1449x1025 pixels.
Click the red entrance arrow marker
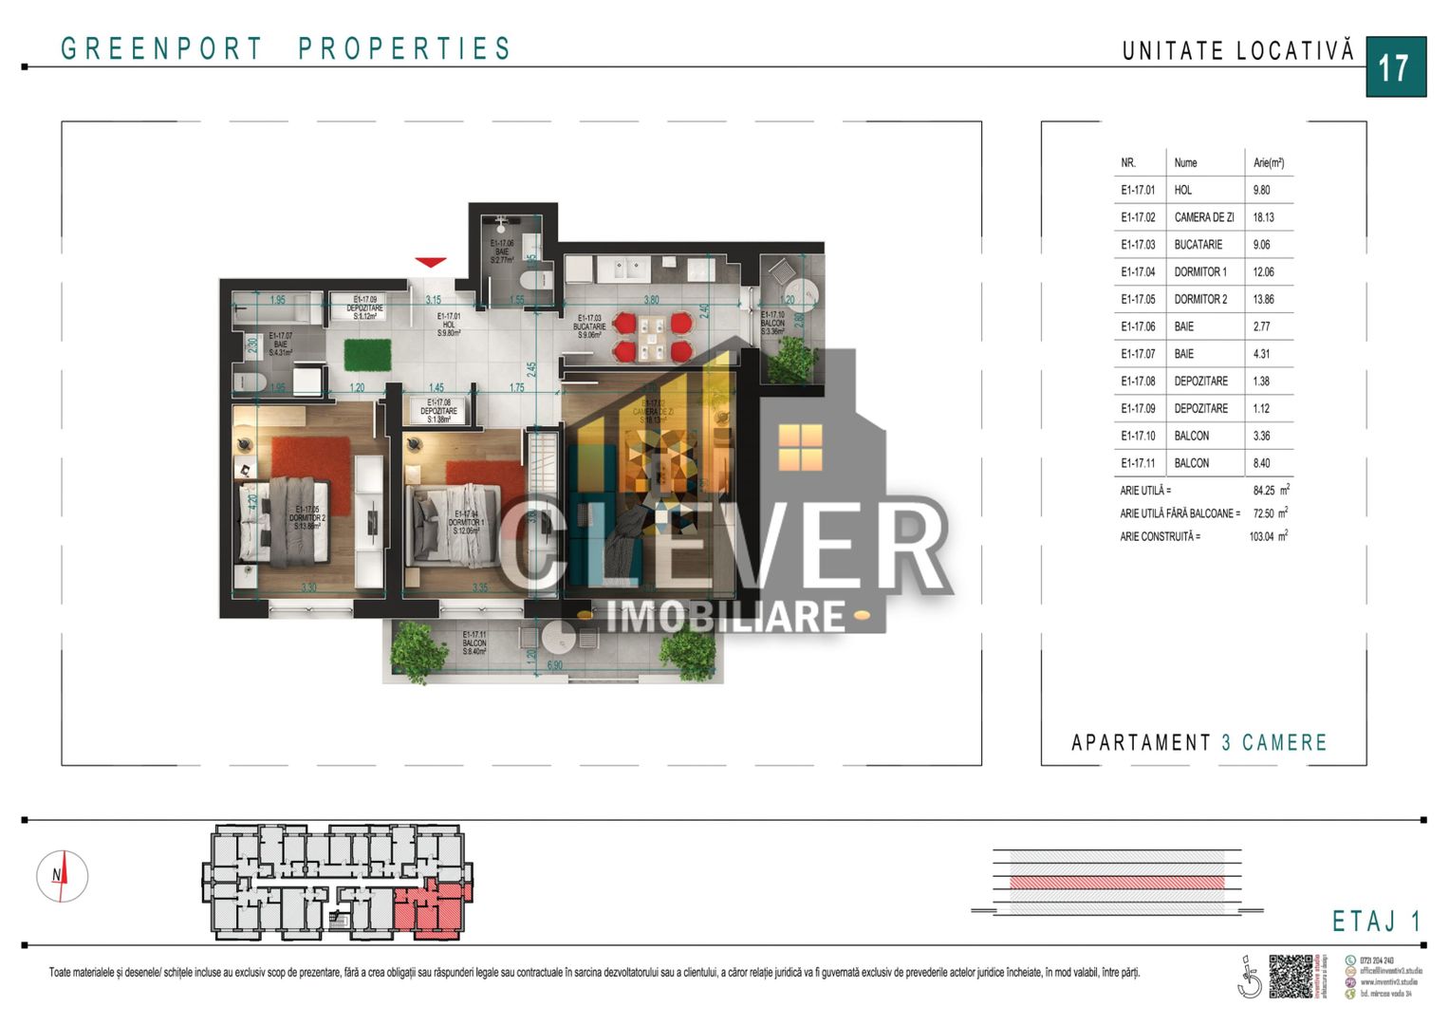pyautogui.click(x=430, y=262)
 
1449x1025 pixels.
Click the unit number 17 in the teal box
pyautogui.click(x=1395, y=67)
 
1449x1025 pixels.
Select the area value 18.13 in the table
pyautogui.click(x=1263, y=217)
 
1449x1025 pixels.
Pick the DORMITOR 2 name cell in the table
pyautogui.click(x=1200, y=299)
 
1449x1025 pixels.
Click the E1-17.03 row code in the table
pyautogui.click(x=1138, y=245)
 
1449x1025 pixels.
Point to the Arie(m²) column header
pyautogui.click(x=1268, y=163)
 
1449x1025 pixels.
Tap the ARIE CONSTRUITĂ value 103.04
pyautogui.click(x=1261, y=536)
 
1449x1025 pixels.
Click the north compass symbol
pyautogui.click(x=62, y=876)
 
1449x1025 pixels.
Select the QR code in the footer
pyautogui.click(x=1291, y=975)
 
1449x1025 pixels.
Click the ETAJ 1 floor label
pyautogui.click(x=1376, y=921)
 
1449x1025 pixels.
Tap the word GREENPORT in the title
pyautogui.click(x=161, y=48)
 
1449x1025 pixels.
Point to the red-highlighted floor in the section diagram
pyautogui.click(x=1117, y=883)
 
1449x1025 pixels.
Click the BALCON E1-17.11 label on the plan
pyautogui.click(x=474, y=643)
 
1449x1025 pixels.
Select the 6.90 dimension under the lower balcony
pyautogui.click(x=555, y=665)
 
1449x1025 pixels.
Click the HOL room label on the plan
pyautogui.click(x=449, y=325)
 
